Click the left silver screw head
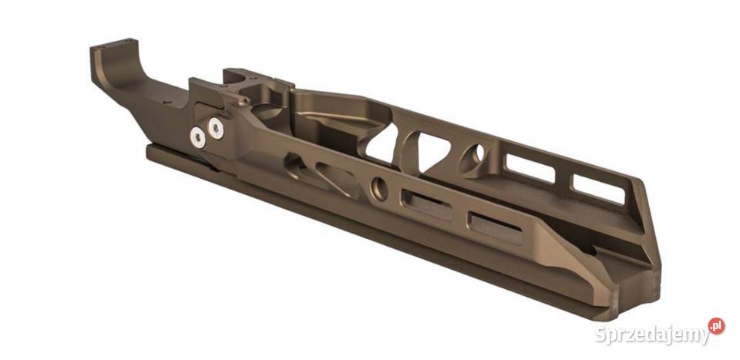[x=199, y=137]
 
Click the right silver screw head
[x=216, y=129]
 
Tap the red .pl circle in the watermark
[x=716, y=326]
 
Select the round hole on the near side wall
[x=379, y=187]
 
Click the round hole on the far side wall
[x=473, y=157]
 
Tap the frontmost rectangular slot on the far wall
[x=597, y=188]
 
